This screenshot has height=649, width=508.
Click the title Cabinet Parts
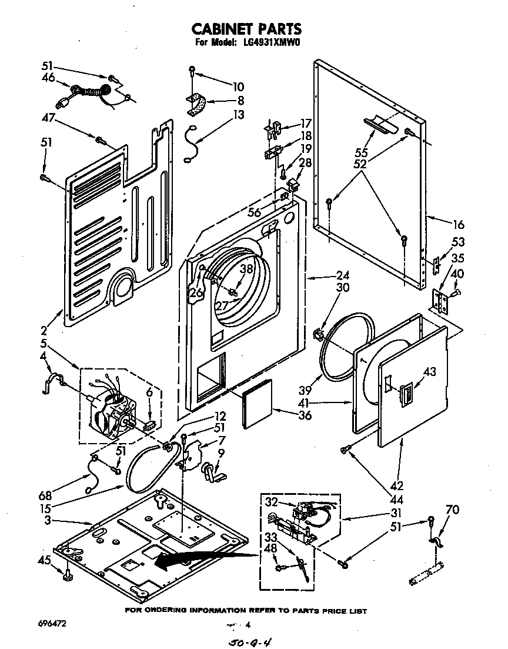[248, 28]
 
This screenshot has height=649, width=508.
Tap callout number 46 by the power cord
[48, 77]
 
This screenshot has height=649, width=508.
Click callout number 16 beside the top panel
[459, 224]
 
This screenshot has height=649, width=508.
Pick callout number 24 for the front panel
[342, 274]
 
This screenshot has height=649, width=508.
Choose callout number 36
[304, 415]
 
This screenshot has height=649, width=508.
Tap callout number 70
[453, 510]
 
